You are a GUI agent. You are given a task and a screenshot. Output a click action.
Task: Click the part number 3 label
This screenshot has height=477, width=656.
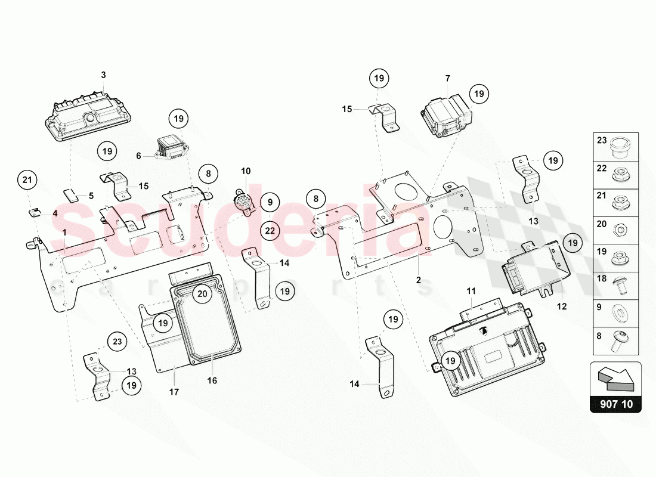[x=103, y=75]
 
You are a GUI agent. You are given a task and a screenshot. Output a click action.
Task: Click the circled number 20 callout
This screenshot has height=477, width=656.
[x=202, y=293]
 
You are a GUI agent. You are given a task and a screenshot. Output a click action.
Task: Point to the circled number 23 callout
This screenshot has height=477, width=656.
[x=117, y=342]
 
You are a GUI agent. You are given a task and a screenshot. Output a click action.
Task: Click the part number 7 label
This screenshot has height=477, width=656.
[x=447, y=78]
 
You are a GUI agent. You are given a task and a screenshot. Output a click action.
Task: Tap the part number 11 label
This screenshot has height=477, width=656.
[x=471, y=292]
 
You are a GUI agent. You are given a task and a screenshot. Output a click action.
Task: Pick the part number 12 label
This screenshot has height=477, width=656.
[x=562, y=306]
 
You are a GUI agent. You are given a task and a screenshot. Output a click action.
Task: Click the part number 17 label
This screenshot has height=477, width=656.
[x=174, y=392]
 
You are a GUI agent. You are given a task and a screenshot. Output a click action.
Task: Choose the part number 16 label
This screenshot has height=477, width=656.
[x=212, y=380]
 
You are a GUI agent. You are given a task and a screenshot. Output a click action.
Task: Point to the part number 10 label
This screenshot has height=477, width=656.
[x=246, y=171]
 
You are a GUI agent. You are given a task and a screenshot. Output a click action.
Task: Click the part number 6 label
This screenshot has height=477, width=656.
[x=138, y=156]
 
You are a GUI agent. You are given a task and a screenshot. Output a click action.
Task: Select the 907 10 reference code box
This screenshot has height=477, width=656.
[x=615, y=404]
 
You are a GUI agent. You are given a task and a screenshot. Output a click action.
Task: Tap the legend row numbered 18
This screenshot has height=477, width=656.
[x=615, y=283]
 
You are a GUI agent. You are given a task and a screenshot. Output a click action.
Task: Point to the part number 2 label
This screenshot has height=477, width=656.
[x=419, y=280]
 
